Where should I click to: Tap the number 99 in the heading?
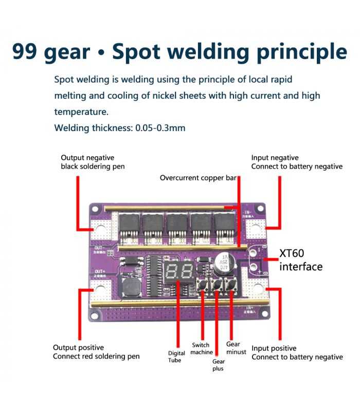27,51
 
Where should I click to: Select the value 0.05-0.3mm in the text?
160,127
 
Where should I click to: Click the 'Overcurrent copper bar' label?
197,178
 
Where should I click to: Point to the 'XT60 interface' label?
301,260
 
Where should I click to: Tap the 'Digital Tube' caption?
176,356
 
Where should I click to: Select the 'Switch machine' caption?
201,348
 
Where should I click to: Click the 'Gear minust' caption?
236,348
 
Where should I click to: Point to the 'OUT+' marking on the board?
100,272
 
